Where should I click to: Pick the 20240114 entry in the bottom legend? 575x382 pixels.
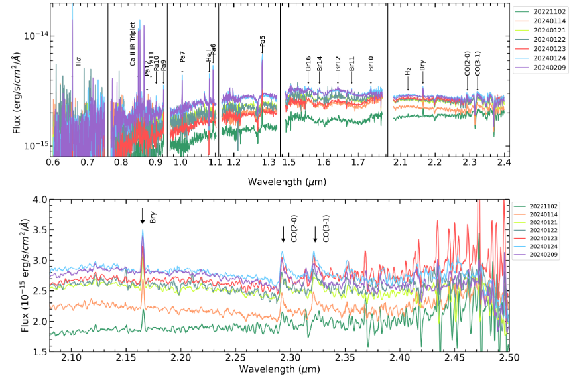pos(542,217)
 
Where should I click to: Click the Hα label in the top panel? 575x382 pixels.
pos(78,62)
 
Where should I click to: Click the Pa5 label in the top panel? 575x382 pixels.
pos(263,42)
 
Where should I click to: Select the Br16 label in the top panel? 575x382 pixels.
pos(308,64)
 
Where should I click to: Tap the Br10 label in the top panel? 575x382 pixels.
pos(371,64)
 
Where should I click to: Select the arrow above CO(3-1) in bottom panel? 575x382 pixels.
pos(315,234)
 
